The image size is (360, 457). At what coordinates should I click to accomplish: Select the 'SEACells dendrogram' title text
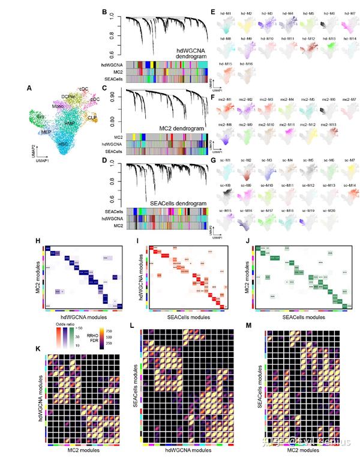point(179,204)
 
